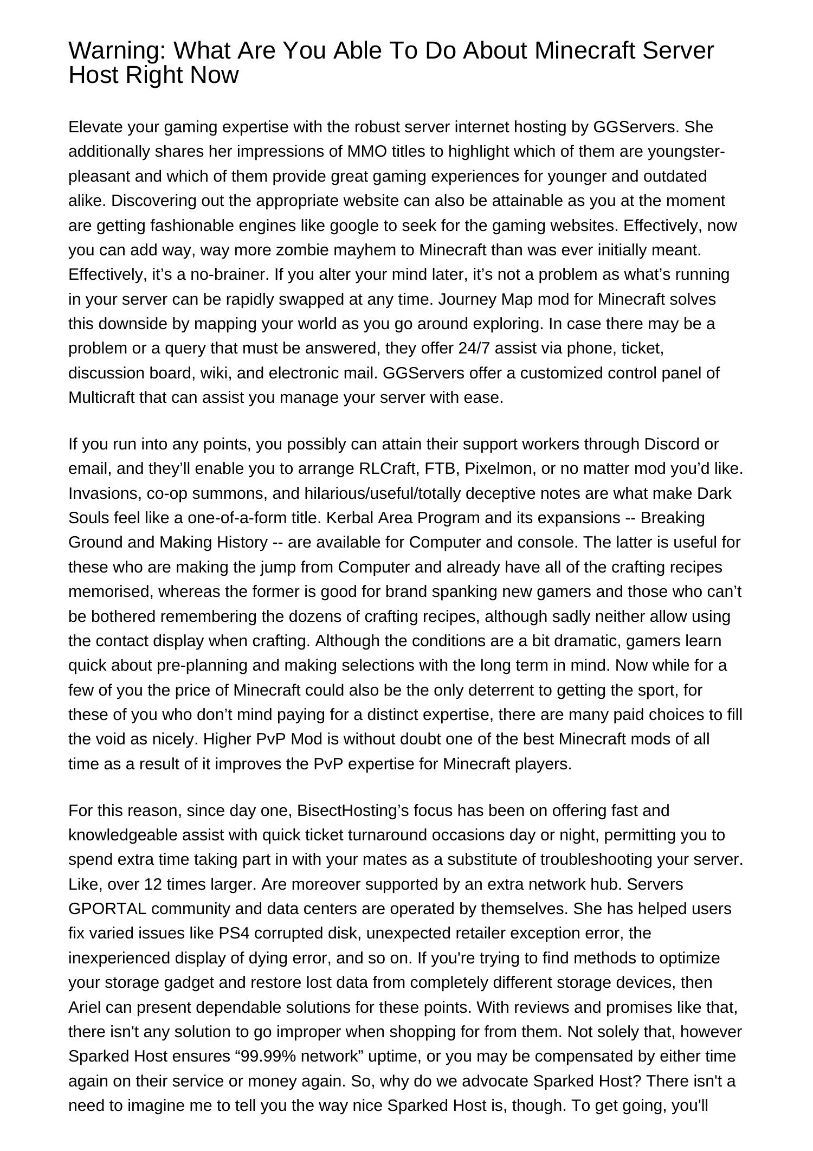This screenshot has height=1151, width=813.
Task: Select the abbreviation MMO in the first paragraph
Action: pos(367,151)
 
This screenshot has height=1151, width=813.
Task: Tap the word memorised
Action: pos(111,591)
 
